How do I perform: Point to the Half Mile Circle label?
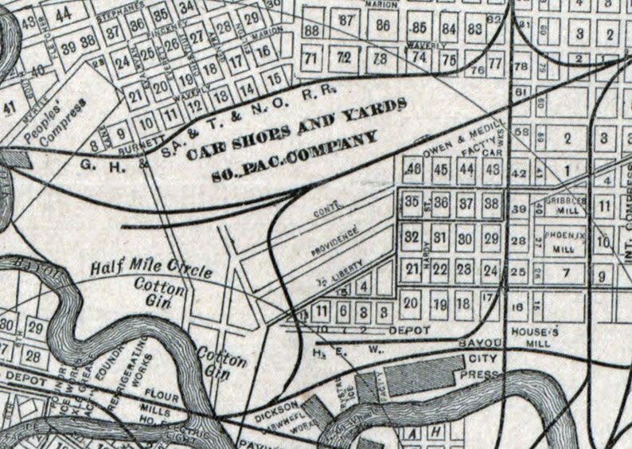tap(150, 268)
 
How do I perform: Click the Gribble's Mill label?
tap(565, 205)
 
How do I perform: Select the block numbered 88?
tap(311, 30)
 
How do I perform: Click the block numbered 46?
tap(413, 169)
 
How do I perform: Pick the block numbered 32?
tap(412, 237)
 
